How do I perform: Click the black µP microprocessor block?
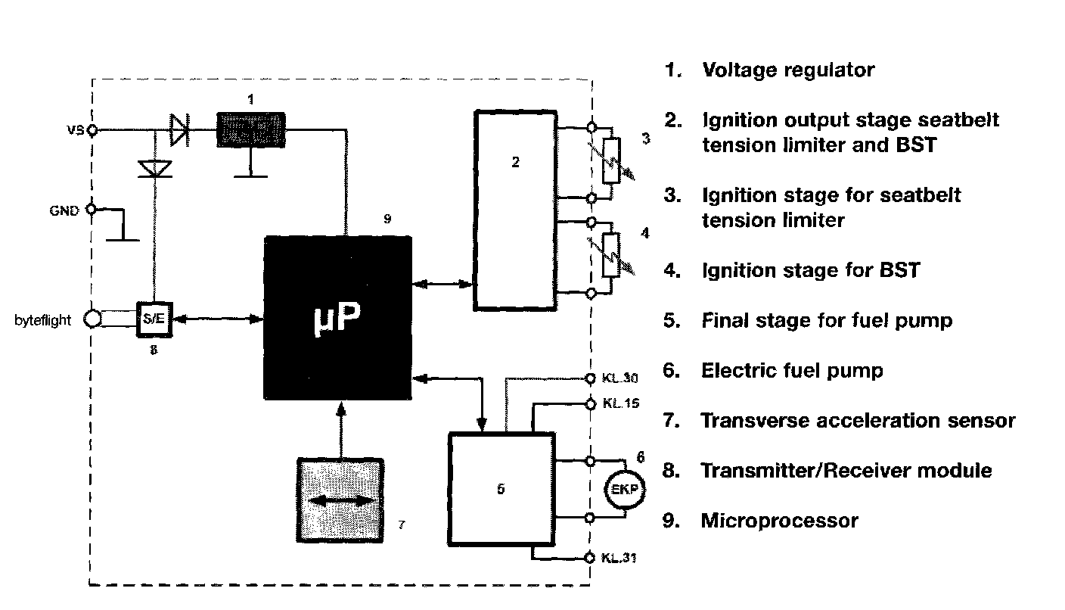(337, 317)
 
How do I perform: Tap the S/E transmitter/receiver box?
(153, 319)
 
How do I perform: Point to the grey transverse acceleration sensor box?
(341, 500)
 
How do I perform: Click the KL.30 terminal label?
(621, 378)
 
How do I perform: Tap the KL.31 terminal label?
(621, 559)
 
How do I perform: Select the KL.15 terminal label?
(621, 403)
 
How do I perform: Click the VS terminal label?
(76, 130)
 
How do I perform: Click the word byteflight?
(43, 320)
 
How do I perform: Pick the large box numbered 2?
(515, 210)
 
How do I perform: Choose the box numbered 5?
(500, 488)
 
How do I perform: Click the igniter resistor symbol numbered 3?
(610, 160)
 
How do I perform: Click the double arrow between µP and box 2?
(442, 285)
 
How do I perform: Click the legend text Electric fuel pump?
(792, 371)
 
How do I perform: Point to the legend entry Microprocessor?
(779, 521)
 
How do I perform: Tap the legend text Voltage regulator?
(788, 70)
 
